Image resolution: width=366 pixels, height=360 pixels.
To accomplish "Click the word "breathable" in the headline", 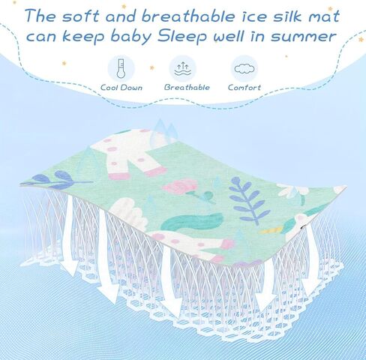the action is click(x=188, y=16).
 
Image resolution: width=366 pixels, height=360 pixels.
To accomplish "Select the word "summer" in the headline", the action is click(x=303, y=37).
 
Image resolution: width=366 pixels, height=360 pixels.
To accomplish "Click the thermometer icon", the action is click(x=121, y=68).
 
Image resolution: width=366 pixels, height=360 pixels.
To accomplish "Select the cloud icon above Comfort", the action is click(x=244, y=68).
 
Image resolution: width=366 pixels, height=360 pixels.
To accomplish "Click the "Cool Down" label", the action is click(x=121, y=88).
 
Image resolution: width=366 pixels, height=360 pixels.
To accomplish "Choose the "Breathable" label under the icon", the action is click(x=187, y=87).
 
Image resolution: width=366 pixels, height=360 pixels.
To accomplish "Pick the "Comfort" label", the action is click(x=244, y=87).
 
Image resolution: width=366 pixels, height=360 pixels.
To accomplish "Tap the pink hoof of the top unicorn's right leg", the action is click(x=155, y=172).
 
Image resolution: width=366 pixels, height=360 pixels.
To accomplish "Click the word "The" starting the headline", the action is click(x=40, y=16).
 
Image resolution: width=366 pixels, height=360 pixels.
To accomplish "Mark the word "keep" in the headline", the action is click(x=83, y=37).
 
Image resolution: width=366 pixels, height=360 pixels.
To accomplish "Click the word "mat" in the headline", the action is click(x=324, y=16).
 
